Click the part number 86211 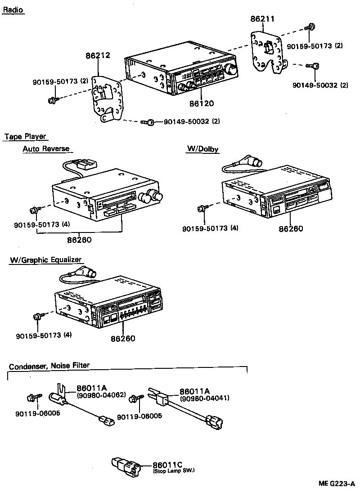pyautogui.click(x=262, y=19)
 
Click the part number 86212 pyautogui.click(x=98, y=56)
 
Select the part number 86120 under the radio pyautogui.click(x=201, y=103)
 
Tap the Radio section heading pyautogui.click(x=13, y=10)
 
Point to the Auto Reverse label pyautogui.click(x=46, y=149)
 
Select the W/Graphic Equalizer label pyautogui.click(x=46, y=260)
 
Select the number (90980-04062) pyautogui.click(x=101, y=395)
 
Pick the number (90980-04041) pyautogui.click(x=205, y=398)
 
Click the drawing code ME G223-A pyautogui.click(x=337, y=484)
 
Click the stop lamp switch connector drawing pyautogui.click(x=126, y=466)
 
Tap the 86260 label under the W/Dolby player pyautogui.click(x=291, y=228)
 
